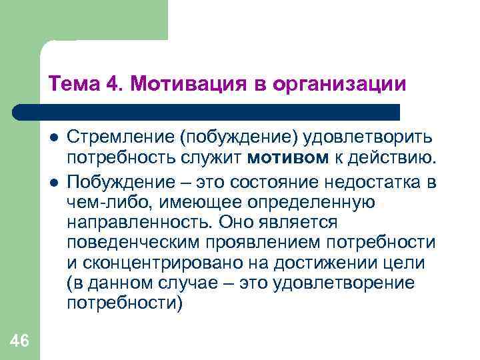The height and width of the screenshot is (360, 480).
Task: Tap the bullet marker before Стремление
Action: click(53, 137)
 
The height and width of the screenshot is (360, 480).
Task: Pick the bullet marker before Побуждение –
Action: click(53, 181)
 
